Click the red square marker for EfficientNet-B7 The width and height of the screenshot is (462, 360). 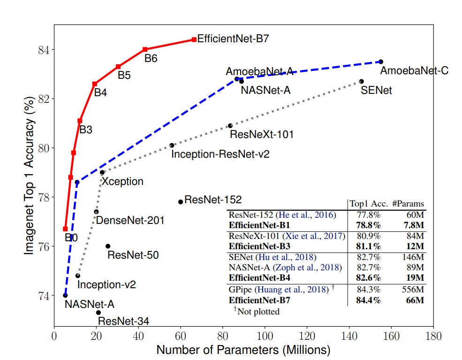[194, 39]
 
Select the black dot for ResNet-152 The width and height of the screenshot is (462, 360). [181, 202]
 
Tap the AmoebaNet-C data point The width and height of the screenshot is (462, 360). [381, 61]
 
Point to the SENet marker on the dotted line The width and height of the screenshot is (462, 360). [361, 81]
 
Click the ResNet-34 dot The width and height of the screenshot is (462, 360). [98, 313]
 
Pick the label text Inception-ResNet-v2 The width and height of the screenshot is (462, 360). [220, 154]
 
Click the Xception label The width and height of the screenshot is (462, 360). [123, 181]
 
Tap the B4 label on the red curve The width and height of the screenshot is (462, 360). [100, 92]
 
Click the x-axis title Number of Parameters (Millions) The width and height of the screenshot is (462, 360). [243, 350]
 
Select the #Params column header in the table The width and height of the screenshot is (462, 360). [409, 204]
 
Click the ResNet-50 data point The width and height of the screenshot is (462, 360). [108, 246]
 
